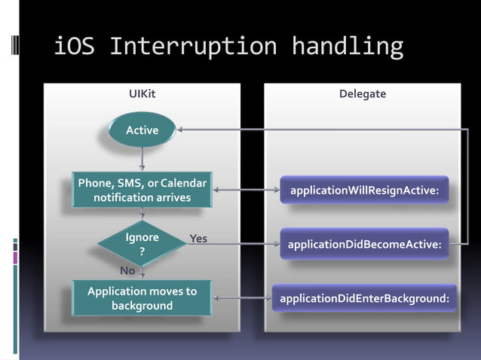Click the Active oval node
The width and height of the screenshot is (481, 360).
point(142,130)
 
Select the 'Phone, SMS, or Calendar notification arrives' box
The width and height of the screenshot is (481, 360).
point(142,190)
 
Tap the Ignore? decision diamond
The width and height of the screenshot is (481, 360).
point(142,243)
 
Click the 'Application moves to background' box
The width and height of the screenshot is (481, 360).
point(142,298)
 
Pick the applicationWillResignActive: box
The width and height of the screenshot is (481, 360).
point(364,190)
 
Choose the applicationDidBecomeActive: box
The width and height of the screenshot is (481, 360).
point(364,244)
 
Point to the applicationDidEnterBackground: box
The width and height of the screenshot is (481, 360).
point(364,299)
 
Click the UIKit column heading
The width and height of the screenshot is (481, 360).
point(142,94)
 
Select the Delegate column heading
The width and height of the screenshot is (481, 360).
point(363,94)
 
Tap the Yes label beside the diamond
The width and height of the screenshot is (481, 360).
point(198,239)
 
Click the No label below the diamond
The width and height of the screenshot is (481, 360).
point(127,270)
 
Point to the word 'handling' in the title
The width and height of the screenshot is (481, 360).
point(348,47)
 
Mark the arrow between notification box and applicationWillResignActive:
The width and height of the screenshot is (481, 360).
point(247,190)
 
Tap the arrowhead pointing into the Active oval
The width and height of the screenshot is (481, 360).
point(182,130)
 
